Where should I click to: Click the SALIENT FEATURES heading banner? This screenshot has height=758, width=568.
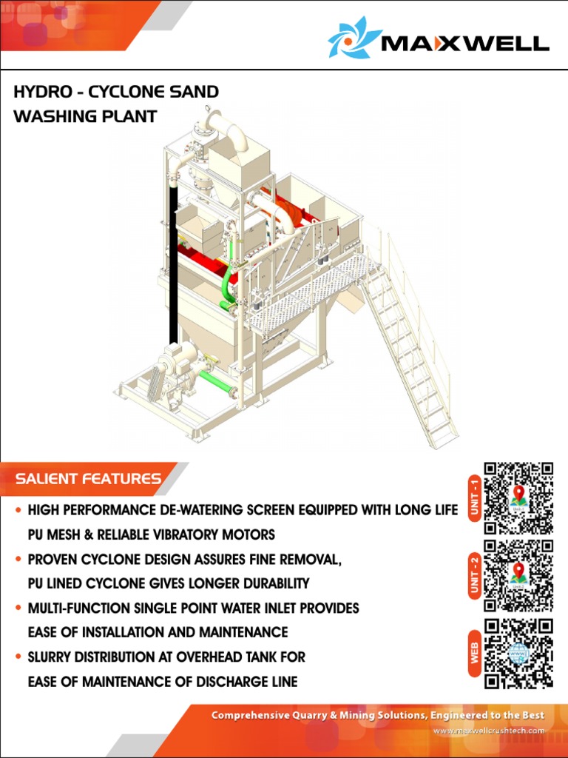tap(89, 479)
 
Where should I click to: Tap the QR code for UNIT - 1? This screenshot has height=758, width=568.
tap(518, 498)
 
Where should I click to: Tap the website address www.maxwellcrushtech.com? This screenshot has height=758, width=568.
tap(489, 731)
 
